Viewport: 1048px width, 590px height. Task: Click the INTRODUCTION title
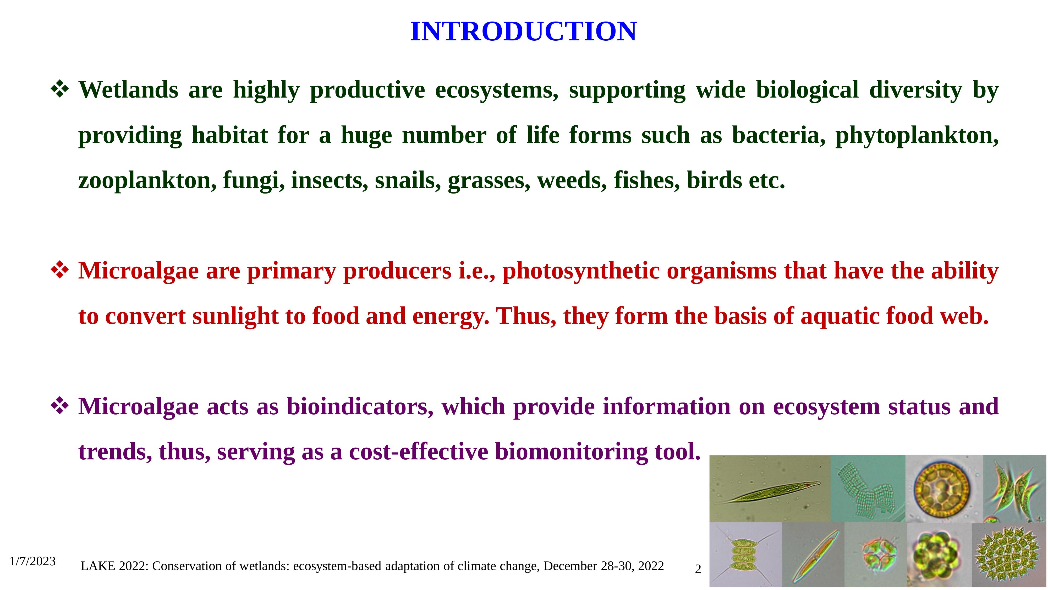(x=524, y=31)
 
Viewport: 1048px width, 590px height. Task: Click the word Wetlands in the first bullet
(x=128, y=90)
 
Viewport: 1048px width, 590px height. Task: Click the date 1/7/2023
(x=32, y=561)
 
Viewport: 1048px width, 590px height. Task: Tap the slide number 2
(x=698, y=570)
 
